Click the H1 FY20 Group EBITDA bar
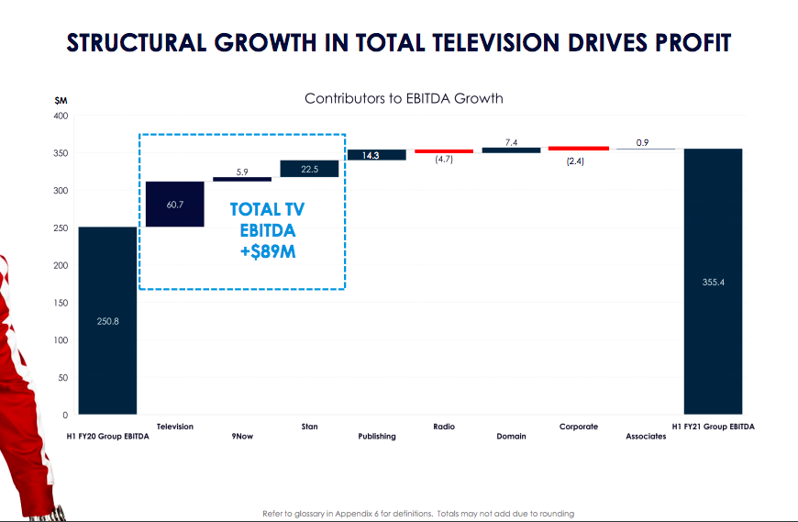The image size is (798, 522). coord(107,320)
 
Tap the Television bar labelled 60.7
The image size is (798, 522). coord(175,204)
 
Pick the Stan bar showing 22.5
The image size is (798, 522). coord(309,169)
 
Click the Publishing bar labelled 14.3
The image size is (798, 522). coord(376,155)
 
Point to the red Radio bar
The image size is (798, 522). coord(443,150)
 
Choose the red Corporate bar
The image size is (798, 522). coord(578,148)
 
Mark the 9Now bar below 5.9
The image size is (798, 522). coord(242,179)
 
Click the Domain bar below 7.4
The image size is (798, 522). coord(511,150)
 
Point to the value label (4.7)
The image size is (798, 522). coord(443,161)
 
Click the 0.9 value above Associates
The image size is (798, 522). coord(645,142)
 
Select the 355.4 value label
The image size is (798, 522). coord(713,283)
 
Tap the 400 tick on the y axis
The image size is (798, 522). coord(61,116)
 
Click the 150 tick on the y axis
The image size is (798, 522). coord(61,303)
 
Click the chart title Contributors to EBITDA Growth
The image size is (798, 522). coord(404,97)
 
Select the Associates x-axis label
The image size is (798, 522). coord(646,436)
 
